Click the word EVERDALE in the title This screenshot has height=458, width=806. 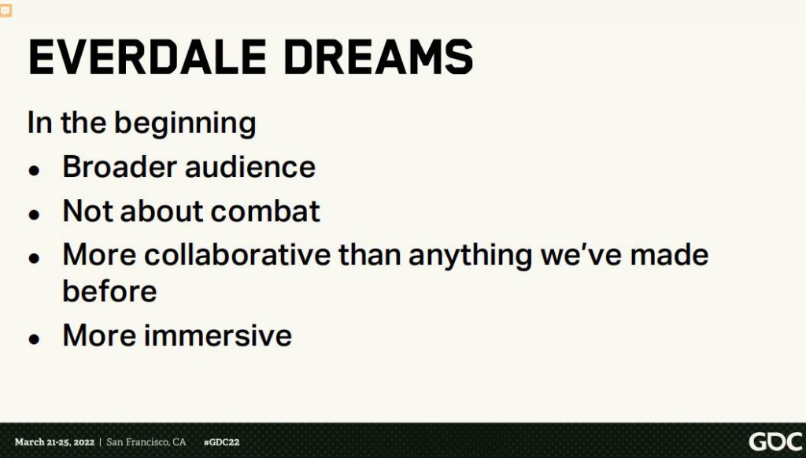pos(147,57)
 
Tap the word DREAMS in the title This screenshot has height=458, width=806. pos(378,57)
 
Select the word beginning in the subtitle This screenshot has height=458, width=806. pos(185,124)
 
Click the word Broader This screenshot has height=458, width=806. pos(120,167)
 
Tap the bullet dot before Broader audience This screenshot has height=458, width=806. pos(35,170)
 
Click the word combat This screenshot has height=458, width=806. pos(265,211)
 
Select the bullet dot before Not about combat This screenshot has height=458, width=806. pos(35,214)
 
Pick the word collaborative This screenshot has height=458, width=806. pos(237,254)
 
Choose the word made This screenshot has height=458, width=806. pos(669,254)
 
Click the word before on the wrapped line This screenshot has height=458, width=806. pos(109,291)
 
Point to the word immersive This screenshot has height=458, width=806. pos(218,335)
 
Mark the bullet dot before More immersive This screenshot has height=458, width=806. pos(35,338)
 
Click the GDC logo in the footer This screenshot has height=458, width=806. pos(776,441)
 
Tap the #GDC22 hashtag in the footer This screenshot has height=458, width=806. pos(221,442)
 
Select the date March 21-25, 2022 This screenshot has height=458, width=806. pos(54,442)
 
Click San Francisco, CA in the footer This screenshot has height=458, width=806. pos(146,442)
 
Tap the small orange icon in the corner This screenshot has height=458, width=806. pos(6,9)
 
